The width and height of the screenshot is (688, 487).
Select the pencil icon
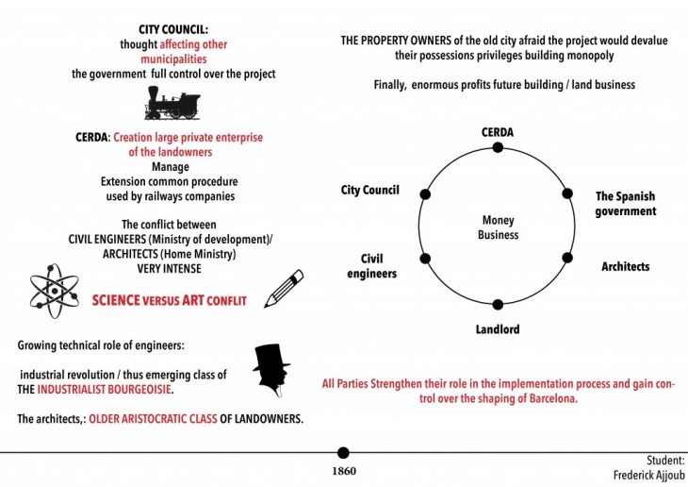(285, 288)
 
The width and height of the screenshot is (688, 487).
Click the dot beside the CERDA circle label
(498, 147)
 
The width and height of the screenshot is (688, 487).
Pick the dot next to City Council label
(424, 193)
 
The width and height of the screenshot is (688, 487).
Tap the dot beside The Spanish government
(567, 193)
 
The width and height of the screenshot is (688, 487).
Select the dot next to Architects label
(567, 258)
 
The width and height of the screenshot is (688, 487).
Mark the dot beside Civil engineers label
(424, 258)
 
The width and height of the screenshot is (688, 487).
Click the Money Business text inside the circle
(498, 227)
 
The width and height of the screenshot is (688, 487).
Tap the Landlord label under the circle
(498, 329)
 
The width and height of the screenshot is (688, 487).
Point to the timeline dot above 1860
(343, 453)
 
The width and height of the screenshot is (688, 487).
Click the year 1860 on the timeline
(343, 470)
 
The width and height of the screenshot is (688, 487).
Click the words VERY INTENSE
(170, 269)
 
